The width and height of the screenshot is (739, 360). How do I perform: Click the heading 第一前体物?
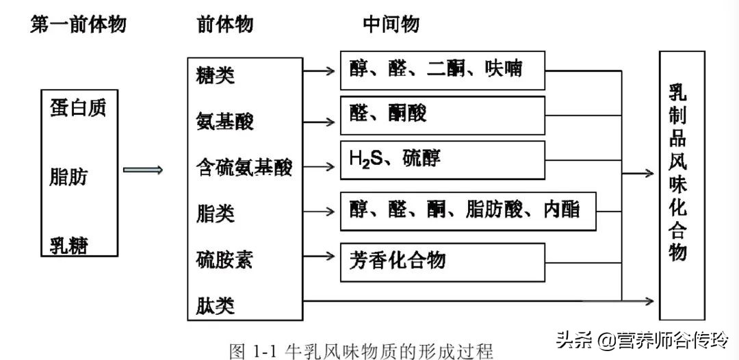tap(79, 25)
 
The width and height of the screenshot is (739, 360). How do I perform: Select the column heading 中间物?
tap(391, 25)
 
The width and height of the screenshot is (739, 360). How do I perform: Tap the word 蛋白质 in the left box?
tap(78, 108)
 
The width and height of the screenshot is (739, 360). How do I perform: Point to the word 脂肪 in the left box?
tap(69, 177)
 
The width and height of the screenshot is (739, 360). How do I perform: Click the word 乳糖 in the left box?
tap(69, 245)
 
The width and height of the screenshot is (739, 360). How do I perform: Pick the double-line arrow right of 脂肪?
tap(143, 170)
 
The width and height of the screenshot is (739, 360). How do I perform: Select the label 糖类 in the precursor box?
tap(215, 75)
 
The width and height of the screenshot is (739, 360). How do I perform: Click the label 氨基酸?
tap(224, 122)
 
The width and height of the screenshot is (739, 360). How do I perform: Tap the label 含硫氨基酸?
tap(244, 167)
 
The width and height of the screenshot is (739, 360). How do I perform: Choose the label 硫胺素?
tap(224, 260)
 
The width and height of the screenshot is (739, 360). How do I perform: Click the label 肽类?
tap(215, 304)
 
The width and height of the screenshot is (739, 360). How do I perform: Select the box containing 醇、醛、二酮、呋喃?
tap(443, 70)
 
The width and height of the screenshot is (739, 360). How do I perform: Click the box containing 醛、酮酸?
tap(443, 114)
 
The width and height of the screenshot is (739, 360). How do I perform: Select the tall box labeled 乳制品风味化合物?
tap(681, 185)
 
